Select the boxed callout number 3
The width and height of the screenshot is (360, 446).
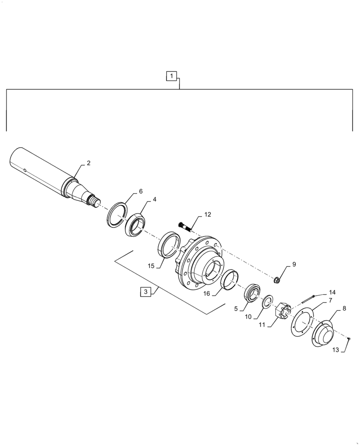[x=145, y=292]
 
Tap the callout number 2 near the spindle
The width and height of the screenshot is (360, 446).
[x=88, y=163]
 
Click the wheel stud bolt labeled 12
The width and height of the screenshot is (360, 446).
[x=186, y=227]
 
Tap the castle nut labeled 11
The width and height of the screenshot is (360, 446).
[x=283, y=311]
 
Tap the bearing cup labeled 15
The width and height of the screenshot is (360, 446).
[x=170, y=245]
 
